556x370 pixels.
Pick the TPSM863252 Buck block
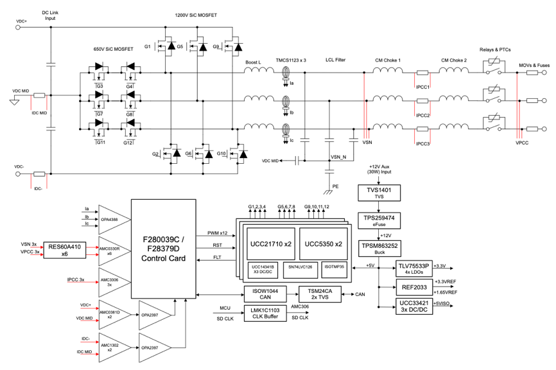(x=379, y=247)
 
